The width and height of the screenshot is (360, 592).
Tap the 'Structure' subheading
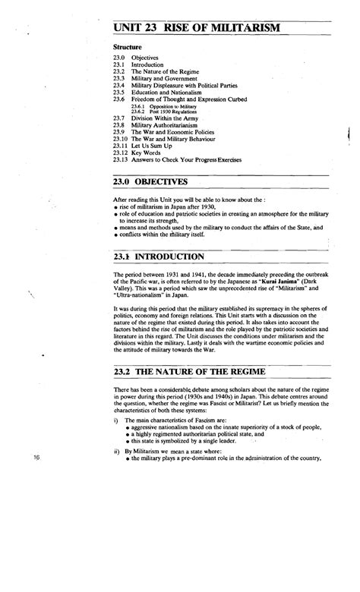[x=128, y=47]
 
